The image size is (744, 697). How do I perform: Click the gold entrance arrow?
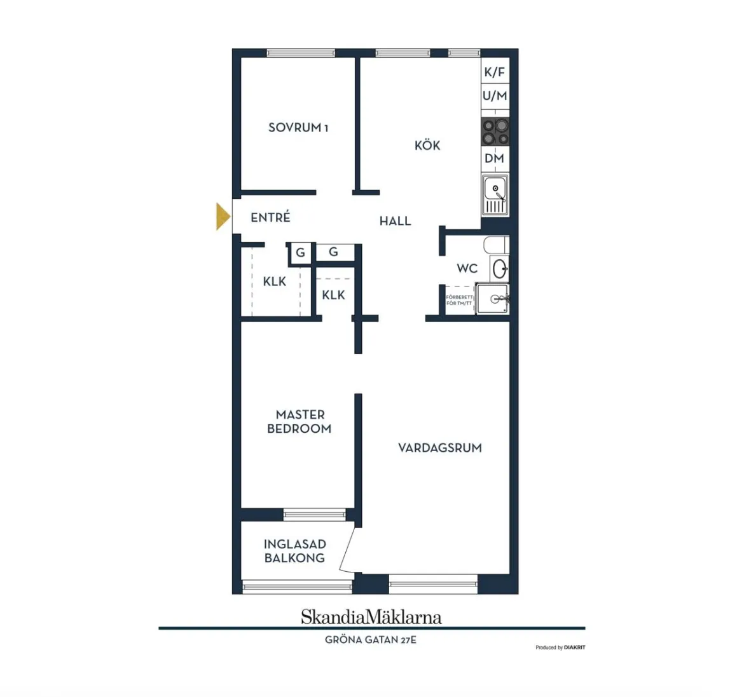point(222,217)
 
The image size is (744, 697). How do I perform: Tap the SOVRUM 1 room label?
point(298,128)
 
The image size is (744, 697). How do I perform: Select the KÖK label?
point(427,145)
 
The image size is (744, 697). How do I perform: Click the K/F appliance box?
point(495,72)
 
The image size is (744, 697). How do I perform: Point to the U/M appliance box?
point(495,96)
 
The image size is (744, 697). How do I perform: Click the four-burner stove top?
point(495,132)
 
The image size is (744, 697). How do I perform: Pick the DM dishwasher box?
point(495,158)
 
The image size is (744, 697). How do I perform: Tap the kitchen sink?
point(495,195)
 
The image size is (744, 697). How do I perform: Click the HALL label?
point(396,221)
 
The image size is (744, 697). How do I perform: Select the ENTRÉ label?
point(270,217)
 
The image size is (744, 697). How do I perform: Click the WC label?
point(467,268)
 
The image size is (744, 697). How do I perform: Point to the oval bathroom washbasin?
point(500,269)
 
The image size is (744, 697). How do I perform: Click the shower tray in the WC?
point(493,299)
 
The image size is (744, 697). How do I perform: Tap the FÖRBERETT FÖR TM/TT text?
point(459,300)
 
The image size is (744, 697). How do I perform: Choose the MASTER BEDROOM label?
point(300,421)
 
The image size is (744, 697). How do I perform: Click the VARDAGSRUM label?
point(440,448)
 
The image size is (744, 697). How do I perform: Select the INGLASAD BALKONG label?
point(294,551)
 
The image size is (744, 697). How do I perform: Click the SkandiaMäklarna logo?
point(371,617)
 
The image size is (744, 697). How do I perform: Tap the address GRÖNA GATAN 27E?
point(371,640)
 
